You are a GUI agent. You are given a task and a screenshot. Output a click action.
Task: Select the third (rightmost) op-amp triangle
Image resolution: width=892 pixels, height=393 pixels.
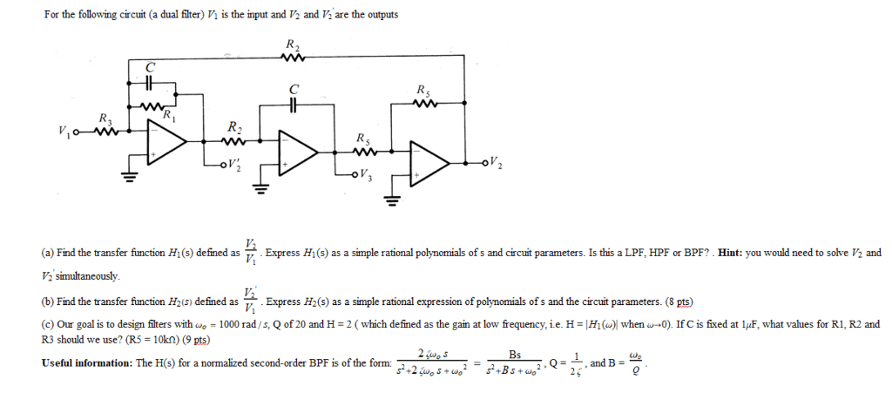433,163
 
